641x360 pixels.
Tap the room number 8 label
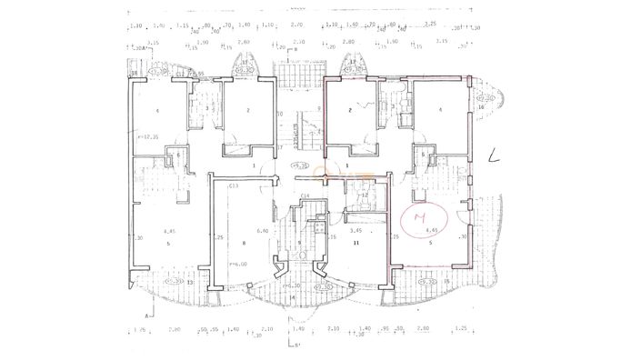244,244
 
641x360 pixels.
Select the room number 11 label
357,244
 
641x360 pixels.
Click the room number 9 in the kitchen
299,242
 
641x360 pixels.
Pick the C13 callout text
234,185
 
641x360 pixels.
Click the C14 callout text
305,195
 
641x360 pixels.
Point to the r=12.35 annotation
149,137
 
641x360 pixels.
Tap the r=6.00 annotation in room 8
239,264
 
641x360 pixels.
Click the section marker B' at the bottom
293,345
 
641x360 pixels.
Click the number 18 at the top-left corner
133,73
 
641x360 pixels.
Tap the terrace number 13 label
164,283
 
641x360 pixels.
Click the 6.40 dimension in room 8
262,231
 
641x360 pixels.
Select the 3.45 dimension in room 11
357,231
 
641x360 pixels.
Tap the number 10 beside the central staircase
281,114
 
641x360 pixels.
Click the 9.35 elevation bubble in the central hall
297,165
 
